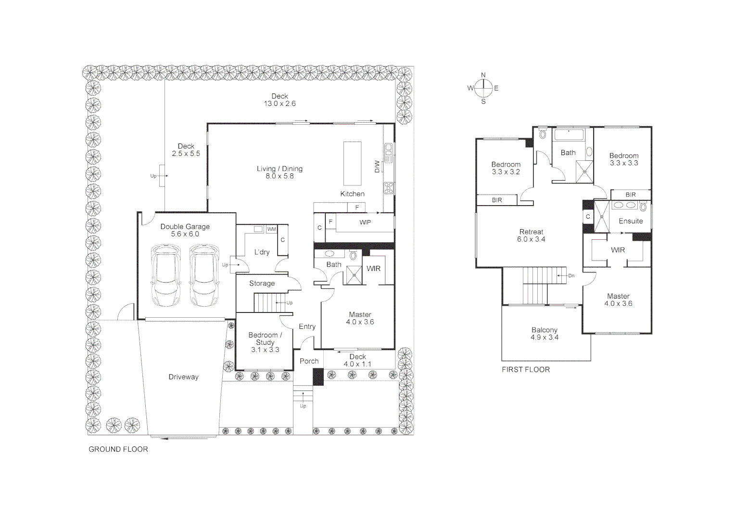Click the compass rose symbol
tap(483, 88)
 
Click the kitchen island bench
tap(352, 163)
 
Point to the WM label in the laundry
tap(272, 229)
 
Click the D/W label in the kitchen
tap(377, 167)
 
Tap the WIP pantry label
tap(365, 222)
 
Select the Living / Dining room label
tap(279, 172)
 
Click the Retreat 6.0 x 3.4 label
tap(531, 235)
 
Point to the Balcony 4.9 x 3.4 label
tap(545, 334)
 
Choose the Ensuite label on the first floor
tap(631, 221)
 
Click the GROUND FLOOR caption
tap(118, 449)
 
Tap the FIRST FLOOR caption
tap(526, 369)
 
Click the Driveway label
tap(183, 377)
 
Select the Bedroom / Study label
tap(265, 342)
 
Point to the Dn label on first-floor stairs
tap(571, 276)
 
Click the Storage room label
tap(262, 284)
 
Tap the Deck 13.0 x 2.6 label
tap(279, 100)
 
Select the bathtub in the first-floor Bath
tap(569, 134)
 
